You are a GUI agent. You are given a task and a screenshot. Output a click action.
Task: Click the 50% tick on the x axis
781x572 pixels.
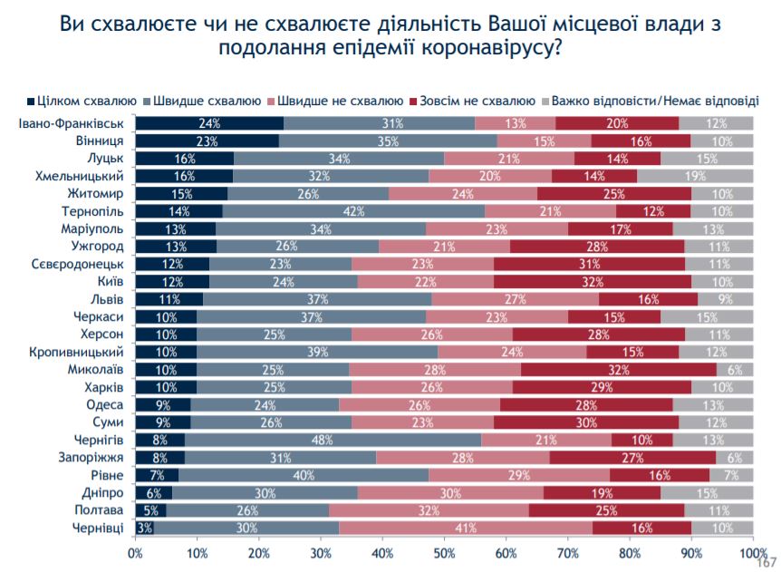click(x=444, y=552)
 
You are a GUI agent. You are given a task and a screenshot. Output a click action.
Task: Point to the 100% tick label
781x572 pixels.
click(x=751, y=552)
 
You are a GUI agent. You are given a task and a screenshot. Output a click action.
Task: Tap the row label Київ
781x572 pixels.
click(x=111, y=282)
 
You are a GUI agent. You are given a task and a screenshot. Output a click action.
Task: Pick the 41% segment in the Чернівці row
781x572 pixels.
click(x=466, y=528)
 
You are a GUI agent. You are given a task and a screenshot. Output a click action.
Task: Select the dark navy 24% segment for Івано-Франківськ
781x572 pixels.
click(x=209, y=123)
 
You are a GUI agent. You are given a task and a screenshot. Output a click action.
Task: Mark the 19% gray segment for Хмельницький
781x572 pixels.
click(x=695, y=176)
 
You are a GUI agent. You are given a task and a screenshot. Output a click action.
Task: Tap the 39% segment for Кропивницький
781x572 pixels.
click(x=317, y=353)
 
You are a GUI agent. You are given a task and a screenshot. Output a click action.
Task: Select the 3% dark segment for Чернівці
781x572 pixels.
click(x=144, y=528)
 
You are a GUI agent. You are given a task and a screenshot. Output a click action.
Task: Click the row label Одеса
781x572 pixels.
click(x=106, y=405)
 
